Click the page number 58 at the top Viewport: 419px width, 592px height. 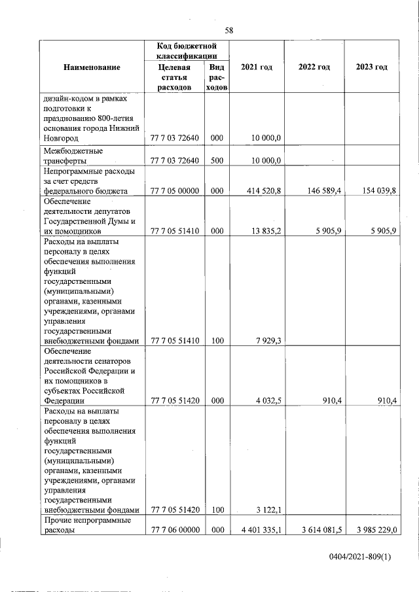(229, 30)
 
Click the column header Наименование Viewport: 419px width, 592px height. (92, 67)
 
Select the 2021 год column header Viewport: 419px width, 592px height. (257, 67)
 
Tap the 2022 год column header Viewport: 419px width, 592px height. (314, 67)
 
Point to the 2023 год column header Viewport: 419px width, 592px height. (371, 67)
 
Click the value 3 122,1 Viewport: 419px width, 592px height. (269, 510)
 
